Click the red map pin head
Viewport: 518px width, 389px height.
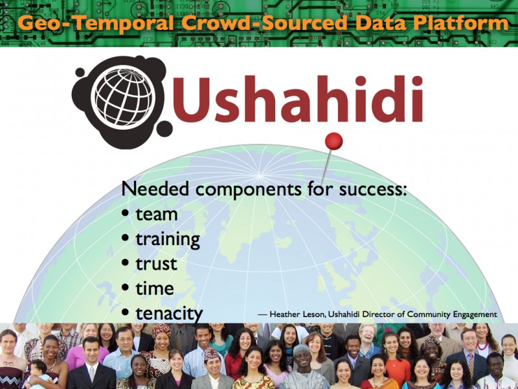click(x=333, y=141)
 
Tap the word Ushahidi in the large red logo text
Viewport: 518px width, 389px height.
click(x=298, y=99)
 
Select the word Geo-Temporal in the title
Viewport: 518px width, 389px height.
click(x=95, y=23)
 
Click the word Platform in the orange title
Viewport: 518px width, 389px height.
click(x=460, y=23)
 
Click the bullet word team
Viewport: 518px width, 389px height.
click(x=157, y=215)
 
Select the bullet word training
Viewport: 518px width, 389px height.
click(x=168, y=239)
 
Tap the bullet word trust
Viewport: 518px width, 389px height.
click(x=156, y=264)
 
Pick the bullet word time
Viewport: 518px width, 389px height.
click(x=155, y=289)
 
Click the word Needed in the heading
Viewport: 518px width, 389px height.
click(x=155, y=189)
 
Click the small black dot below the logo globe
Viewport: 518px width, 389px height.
click(x=164, y=128)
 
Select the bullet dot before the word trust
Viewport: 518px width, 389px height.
click(x=125, y=263)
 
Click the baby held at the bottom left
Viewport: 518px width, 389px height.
click(x=39, y=373)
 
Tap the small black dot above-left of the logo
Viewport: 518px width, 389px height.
click(x=80, y=73)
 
